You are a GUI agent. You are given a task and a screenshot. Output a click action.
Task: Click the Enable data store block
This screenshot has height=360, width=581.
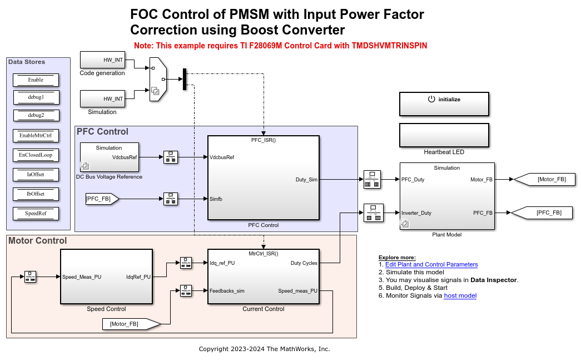36,80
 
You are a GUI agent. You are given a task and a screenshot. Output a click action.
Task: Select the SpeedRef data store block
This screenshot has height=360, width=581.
36,213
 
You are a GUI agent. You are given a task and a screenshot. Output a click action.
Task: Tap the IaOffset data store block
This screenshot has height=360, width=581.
36,174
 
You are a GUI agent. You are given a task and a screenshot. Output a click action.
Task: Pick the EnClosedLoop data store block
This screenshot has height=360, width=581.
36,155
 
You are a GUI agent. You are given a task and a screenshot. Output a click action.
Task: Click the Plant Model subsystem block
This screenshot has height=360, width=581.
446,196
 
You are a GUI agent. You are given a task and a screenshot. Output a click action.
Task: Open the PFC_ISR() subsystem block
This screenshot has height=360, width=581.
263,178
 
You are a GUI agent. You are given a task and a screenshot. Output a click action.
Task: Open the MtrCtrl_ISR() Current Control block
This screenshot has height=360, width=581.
263,277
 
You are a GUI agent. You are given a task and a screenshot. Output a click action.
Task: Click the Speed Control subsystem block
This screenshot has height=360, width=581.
106,277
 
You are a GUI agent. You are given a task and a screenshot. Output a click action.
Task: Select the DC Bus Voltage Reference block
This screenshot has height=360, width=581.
109,157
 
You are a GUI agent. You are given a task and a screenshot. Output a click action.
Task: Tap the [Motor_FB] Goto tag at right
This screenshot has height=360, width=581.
544,179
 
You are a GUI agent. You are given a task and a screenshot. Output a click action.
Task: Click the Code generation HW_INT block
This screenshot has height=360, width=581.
105,60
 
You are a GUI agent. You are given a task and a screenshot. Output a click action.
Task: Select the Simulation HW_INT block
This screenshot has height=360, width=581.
105,99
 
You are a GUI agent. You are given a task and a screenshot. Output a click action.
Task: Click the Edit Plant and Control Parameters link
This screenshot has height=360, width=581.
431,264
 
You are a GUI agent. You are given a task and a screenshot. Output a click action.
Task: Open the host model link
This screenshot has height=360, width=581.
460,295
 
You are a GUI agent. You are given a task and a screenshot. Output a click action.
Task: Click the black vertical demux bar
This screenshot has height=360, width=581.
184,79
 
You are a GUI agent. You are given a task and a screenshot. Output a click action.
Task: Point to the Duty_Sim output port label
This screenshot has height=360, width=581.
306,179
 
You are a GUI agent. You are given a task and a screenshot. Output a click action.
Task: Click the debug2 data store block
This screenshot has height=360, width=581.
36,115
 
